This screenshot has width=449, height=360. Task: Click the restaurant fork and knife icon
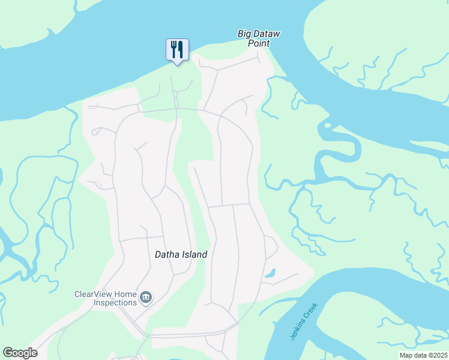tap(177, 49)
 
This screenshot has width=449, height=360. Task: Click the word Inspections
tap(115, 302)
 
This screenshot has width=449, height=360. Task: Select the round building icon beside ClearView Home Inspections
tap(146, 298)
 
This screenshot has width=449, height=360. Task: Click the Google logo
tap(20, 353)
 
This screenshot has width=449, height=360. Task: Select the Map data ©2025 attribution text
tap(423, 355)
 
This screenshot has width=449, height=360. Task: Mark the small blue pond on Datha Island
tap(270, 273)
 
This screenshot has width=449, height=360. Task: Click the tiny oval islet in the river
tap(327, 125)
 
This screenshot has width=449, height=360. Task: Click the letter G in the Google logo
tap(8, 353)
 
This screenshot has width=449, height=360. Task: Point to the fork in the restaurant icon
tap(173, 48)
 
